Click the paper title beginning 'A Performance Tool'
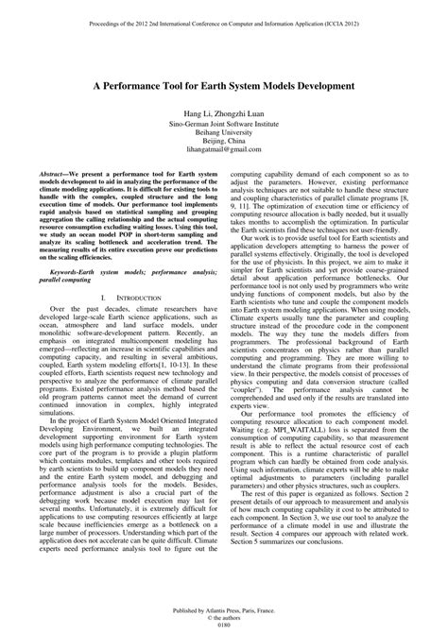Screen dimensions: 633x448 pyautogui.click(x=224, y=84)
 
